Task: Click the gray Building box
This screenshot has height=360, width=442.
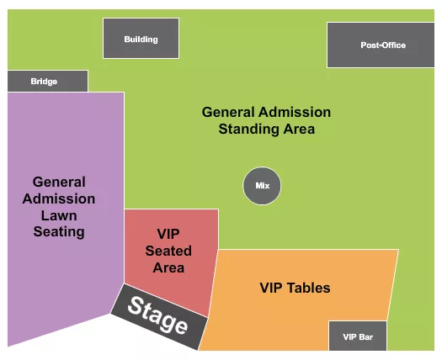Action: [x=141, y=39]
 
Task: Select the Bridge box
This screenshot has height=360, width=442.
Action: [x=47, y=82]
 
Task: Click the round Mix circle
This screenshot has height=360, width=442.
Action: [x=262, y=186]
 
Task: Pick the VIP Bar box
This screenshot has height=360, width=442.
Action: [x=358, y=336]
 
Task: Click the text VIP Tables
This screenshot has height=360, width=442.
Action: [x=295, y=289]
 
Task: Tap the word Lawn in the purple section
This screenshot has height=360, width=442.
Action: [x=59, y=215]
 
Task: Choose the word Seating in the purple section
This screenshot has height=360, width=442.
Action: [x=59, y=231]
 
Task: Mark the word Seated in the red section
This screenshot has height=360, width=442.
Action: [x=168, y=251]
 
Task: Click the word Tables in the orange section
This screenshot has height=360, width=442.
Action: [x=308, y=289]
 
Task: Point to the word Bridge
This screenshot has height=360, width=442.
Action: [x=44, y=82]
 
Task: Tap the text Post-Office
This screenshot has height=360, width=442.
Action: [x=383, y=45]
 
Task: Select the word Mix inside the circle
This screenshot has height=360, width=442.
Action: [x=262, y=186]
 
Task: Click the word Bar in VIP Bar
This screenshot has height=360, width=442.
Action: [x=367, y=337]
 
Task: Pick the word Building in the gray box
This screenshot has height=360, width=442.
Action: [x=141, y=40]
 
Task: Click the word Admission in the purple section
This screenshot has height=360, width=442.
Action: [x=59, y=199]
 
